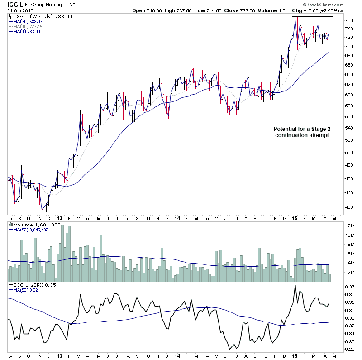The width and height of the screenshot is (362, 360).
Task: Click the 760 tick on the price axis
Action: coord(349,21)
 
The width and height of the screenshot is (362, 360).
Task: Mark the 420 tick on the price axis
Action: coord(349,207)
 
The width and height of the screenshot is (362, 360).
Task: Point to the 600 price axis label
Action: coord(349,95)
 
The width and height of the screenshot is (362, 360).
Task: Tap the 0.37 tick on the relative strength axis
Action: coord(350,287)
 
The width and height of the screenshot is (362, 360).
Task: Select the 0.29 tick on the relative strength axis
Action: coord(350,350)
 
